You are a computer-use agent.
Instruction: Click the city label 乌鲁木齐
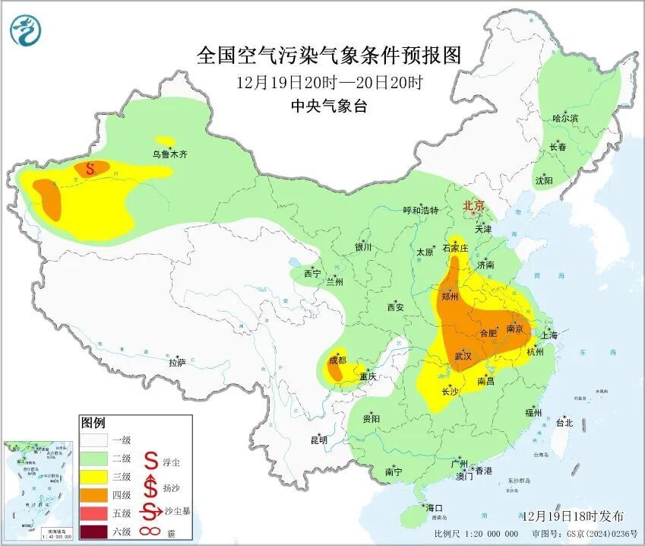tap(169, 154)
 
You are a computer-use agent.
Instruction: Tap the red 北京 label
tap(474, 205)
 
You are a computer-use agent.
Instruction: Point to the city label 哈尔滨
tap(565, 118)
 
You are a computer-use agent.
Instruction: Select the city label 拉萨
tap(176, 363)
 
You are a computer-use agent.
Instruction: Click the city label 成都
tap(336, 360)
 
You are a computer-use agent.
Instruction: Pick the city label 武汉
tap(463, 356)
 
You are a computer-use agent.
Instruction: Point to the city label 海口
tap(435, 508)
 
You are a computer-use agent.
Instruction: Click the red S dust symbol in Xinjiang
tap(90, 168)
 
